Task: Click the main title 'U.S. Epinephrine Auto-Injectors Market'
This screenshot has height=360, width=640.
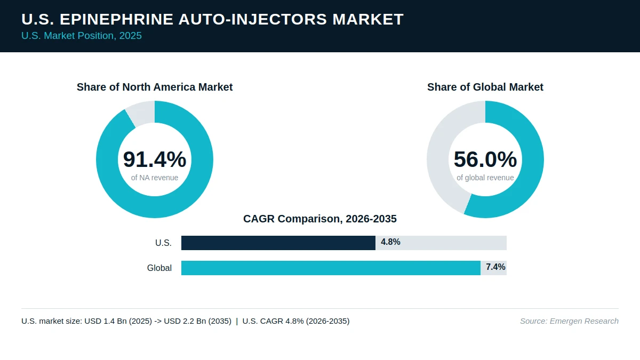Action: [x=212, y=19]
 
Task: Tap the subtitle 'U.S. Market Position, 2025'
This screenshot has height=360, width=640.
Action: [x=82, y=36]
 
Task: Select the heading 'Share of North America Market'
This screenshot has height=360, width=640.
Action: [x=155, y=87]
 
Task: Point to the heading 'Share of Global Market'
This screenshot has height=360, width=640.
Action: [x=485, y=87]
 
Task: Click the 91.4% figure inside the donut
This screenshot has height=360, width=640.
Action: [x=155, y=159]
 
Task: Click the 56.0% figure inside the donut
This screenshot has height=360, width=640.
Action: [x=485, y=159]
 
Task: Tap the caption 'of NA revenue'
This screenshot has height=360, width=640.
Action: [x=155, y=178]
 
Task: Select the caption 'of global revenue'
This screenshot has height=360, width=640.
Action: [x=485, y=178]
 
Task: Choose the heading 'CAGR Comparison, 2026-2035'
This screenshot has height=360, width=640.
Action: [x=319, y=219]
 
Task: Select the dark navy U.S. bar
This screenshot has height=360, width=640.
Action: [x=278, y=243]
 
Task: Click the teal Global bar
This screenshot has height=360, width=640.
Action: [x=331, y=268]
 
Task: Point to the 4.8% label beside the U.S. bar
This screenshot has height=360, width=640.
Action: [x=390, y=242]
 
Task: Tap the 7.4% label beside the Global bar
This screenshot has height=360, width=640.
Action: [x=495, y=267]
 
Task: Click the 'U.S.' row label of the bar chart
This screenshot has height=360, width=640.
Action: [x=163, y=243]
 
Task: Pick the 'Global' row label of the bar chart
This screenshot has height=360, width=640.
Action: [x=159, y=268]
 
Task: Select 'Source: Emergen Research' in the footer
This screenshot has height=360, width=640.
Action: [x=569, y=321]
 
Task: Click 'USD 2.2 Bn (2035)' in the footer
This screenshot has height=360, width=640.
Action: [x=198, y=321]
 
